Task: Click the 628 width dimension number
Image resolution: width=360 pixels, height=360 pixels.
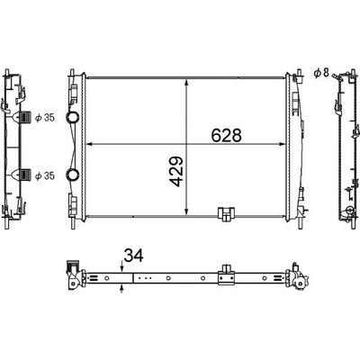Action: [x=226, y=135]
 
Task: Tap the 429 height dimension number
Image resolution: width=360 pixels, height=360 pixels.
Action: [x=176, y=171]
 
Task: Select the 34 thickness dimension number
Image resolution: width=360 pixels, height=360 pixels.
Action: [x=133, y=256]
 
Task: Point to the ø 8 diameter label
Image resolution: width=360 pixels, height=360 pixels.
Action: [x=321, y=73]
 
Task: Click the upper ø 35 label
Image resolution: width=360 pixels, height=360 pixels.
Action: [x=45, y=118]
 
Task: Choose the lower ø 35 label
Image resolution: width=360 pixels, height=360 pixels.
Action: [x=45, y=175]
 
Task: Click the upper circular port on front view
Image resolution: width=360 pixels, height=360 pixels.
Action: [x=72, y=117]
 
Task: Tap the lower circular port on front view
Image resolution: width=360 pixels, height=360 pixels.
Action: [x=72, y=175]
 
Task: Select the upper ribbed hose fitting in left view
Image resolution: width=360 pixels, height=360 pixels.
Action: [x=25, y=117]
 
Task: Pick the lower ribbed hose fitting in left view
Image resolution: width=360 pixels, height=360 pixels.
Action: [x=25, y=175]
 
